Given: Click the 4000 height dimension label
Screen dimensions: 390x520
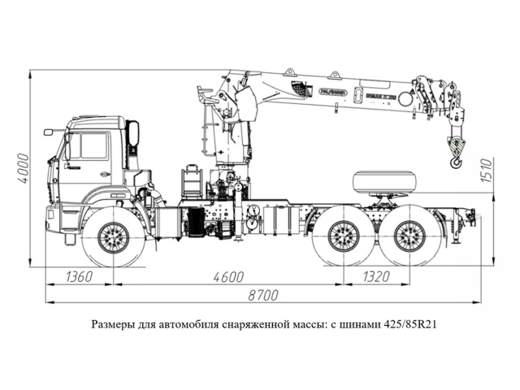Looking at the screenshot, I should [x=24, y=167].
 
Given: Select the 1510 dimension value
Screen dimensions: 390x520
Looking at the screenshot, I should [x=487, y=169].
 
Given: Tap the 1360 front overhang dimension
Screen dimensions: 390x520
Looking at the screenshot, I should [x=80, y=277].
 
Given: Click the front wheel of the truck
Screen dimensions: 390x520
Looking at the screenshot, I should [x=114, y=236].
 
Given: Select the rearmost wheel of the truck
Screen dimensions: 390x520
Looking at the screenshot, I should [x=409, y=236].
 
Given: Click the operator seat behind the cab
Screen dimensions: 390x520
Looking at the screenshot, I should [x=192, y=180].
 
